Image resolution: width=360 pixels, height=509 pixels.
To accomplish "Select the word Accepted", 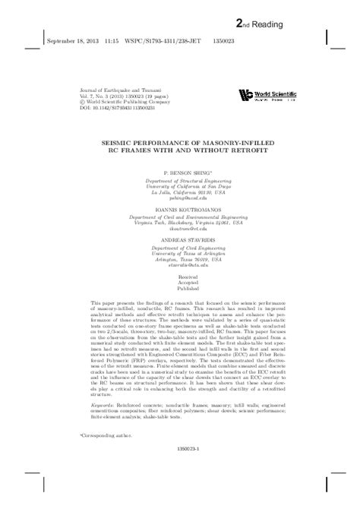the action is [179, 305].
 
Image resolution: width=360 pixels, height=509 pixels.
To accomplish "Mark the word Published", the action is [179, 312].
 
